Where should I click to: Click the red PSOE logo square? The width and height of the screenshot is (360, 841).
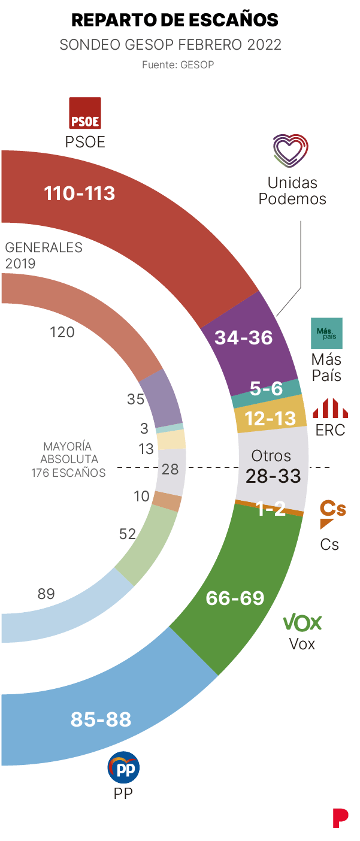[85, 113]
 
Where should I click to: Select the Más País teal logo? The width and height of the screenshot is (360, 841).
[326, 333]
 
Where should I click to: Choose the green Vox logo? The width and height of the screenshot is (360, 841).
[302, 622]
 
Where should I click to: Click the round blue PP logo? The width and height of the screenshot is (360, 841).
[123, 767]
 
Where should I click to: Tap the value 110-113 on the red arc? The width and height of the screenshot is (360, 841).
[80, 193]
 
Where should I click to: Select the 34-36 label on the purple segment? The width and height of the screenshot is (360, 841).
[244, 338]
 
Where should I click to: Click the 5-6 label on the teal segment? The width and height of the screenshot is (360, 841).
[266, 389]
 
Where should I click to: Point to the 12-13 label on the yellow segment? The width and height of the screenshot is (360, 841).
[271, 418]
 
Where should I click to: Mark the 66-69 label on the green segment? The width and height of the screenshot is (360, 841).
[235, 598]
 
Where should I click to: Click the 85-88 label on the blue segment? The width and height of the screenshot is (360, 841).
[101, 719]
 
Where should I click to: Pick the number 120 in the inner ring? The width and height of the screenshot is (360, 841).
[62, 332]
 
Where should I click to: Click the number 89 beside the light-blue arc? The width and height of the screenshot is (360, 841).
[46, 594]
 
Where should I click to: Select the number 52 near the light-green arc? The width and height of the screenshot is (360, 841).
[128, 534]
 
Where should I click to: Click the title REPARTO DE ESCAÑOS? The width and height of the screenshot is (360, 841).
[174, 20]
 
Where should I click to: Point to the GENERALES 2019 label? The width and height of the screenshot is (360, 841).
[43, 255]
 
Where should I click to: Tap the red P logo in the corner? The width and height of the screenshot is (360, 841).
[340, 818]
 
